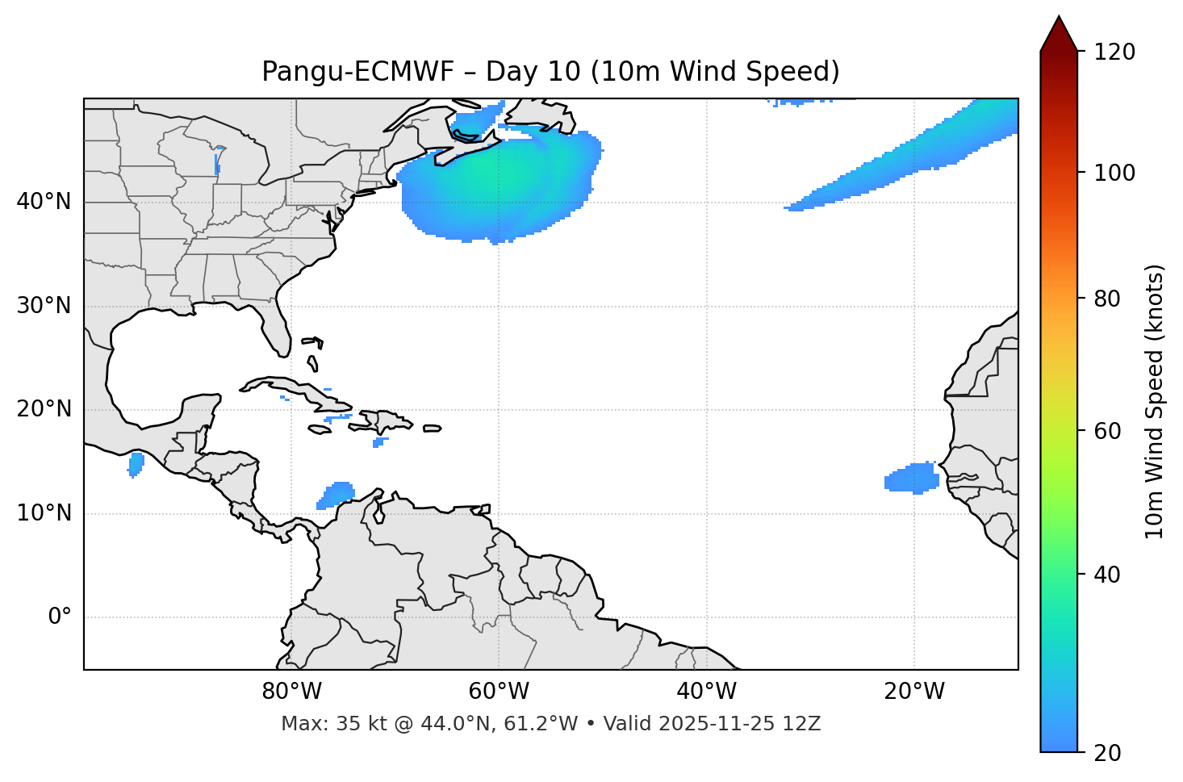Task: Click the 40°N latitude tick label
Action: pyautogui.click(x=44, y=202)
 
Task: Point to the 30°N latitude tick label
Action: pyautogui.click(x=44, y=306)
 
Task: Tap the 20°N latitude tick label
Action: pyautogui.click(x=44, y=409)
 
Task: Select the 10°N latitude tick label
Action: pyautogui.click(x=44, y=513)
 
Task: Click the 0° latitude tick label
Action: pyautogui.click(x=60, y=617)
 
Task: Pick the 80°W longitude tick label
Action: pyautogui.click(x=291, y=692)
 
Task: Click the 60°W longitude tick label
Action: pyautogui.click(x=499, y=692)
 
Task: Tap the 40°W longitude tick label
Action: pyautogui.click(x=706, y=692)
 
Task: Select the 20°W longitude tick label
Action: pyautogui.click(x=913, y=692)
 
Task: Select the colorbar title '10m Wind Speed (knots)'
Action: pyautogui.click(x=1155, y=401)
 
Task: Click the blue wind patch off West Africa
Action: pyautogui.click(x=912, y=479)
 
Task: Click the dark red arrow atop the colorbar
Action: pyautogui.click(x=1058, y=35)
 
